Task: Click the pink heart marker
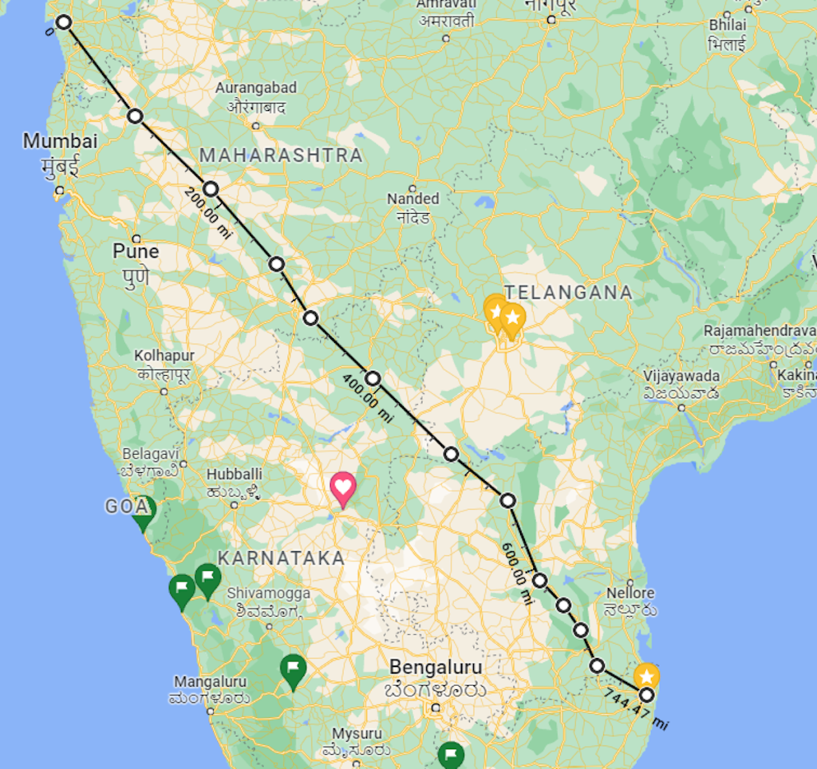click(x=342, y=487)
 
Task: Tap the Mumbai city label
click(x=60, y=142)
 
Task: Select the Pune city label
click(x=136, y=251)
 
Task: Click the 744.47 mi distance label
click(x=635, y=708)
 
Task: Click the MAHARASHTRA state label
click(x=281, y=155)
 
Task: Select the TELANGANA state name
click(x=569, y=293)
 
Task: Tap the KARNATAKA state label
click(x=281, y=558)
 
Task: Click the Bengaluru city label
click(x=436, y=667)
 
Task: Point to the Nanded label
click(x=413, y=199)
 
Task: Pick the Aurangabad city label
click(x=256, y=88)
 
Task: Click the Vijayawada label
click(x=681, y=376)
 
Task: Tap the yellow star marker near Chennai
click(x=646, y=676)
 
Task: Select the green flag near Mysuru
click(x=452, y=754)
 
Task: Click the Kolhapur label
click(x=164, y=355)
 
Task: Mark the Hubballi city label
click(x=235, y=474)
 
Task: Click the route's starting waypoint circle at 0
click(x=64, y=22)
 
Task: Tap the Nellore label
click(x=630, y=593)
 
